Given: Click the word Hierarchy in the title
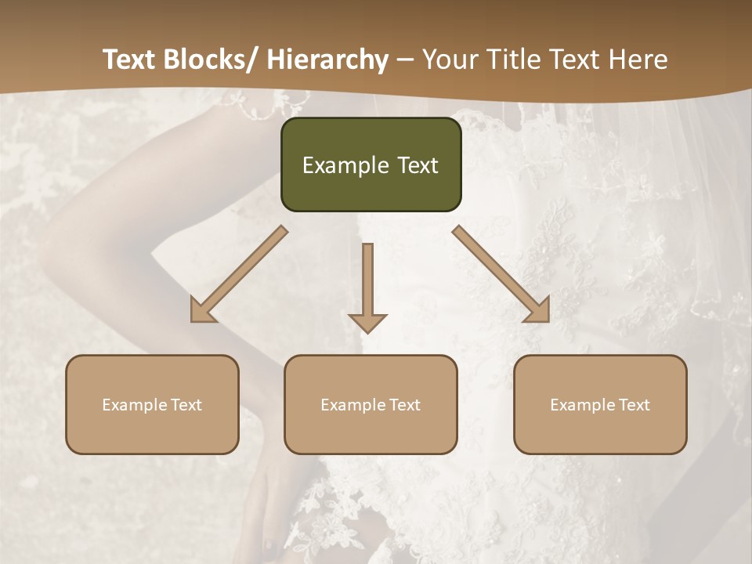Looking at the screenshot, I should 327,60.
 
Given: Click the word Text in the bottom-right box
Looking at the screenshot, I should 633,405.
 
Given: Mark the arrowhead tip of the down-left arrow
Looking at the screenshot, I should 193,320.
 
